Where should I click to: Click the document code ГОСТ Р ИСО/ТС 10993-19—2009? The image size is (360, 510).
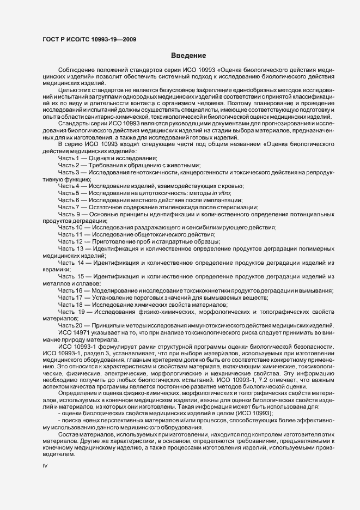pyautogui.click(x=89, y=40)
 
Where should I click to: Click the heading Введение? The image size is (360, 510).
pyautogui.click(x=188, y=56)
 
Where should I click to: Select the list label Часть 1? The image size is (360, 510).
pyautogui.click(x=69, y=157)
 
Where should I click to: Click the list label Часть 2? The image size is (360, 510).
pyautogui.click(x=69, y=165)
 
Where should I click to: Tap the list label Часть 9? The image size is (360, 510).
pyautogui.click(x=69, y=215)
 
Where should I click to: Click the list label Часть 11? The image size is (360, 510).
pyautogui.click(x=70, y=234)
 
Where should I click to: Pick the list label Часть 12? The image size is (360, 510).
pyautogui.click(x=70, y=241)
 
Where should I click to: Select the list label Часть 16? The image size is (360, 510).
pyautogui.click(x=70, y=291)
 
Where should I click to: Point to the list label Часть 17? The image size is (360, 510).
pyautogui.click(x=70, y=298)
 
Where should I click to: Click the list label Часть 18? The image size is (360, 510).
pyautogui.click(x=70, y=305)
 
